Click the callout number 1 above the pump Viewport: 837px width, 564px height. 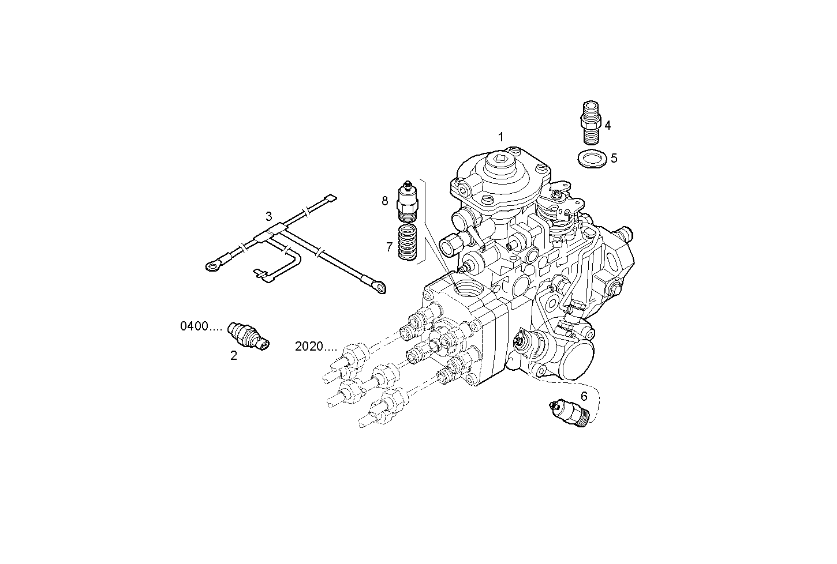click(x=501, y=137)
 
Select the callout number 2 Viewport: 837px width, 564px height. click(x=234, y=356)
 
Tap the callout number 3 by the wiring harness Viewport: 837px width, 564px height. click(x=269, y=216)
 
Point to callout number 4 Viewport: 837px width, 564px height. click(x=607, y=125)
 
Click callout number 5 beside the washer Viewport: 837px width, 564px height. click(x=614, y=158)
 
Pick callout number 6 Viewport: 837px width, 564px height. click(x=584, y=396)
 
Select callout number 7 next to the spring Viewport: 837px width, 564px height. click(x=389, y=247)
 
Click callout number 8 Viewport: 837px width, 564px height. click(x=385, y=201)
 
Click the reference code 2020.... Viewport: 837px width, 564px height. click(x=315, y=347)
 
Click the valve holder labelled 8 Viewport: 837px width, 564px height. click(x=408, y=202)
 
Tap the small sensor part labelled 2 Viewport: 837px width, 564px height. click(x=248, y=335)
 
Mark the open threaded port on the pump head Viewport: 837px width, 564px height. click(x=465, y=287)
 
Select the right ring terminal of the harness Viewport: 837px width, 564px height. click(x=378, y=286)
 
